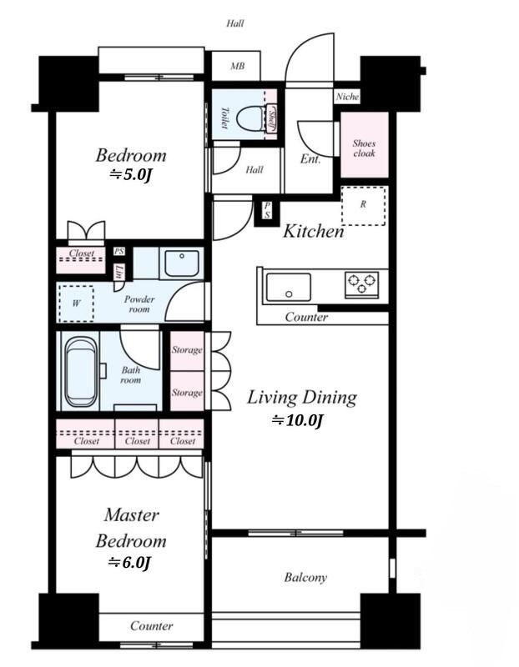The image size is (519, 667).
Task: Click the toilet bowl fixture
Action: click(x=251, y=119)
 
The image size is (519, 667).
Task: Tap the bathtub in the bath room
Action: click(x=80, y=372)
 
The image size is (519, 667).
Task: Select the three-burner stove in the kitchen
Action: click(x=362, y=283)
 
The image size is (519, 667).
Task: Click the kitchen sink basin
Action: click(x=288, y=287)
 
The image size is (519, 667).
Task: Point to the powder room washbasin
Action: click(x=182, y=263)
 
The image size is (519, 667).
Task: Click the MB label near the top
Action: click(x=237, y=66)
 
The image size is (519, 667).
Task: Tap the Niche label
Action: click(x=347, y=97)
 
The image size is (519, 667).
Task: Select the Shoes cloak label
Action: click(x=364, y=148)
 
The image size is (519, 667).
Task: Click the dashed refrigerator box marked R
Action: click(x=363, y=205)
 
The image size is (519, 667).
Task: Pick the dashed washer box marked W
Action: click(x=76, y=303)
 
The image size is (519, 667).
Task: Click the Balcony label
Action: click(x=305, y=578)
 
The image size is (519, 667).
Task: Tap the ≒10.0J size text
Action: click(x=297, y=421)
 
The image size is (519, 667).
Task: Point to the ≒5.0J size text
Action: click(x=131, y=174)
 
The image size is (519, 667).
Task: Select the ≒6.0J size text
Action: click(x=129, y=563)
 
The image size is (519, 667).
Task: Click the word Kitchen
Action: click(x=314, y=232)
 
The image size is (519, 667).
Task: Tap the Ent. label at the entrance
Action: click(x=310, y=159)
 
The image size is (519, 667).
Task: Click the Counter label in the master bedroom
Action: click(x=152, y=626)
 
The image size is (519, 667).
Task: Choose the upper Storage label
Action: click(x=187, y=350)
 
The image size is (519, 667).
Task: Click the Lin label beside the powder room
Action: click(x=119, y=271)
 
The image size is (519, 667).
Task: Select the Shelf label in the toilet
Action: click(x=272, y=120)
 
